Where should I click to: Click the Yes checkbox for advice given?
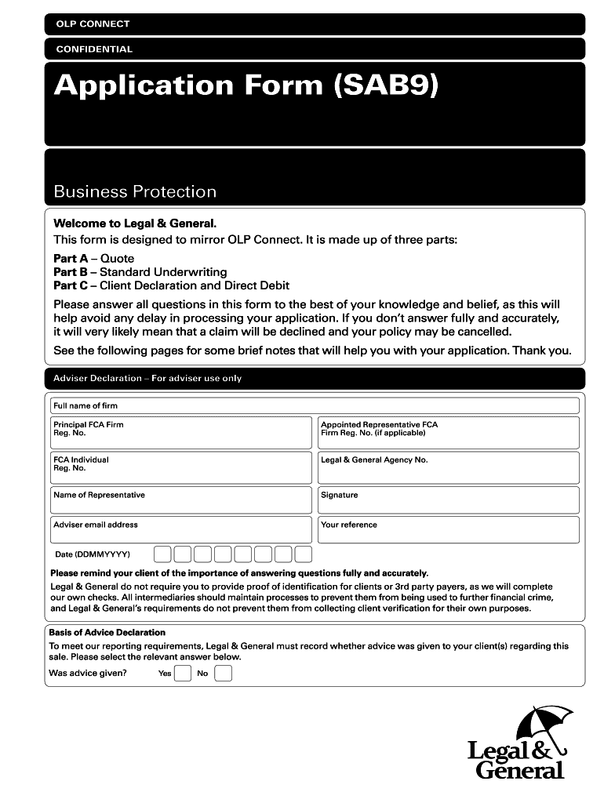tap(182, 674)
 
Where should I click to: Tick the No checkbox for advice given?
tap(223, 674)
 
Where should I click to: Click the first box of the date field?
tap(162, 554)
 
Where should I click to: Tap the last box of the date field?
tap(303, 554)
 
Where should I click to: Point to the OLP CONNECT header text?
tap(93, 24)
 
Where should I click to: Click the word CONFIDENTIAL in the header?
tap(94, 49)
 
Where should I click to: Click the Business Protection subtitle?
tap(135, 192)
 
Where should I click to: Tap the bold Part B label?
tap(71, 272)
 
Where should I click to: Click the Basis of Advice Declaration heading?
tap(107, 632)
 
